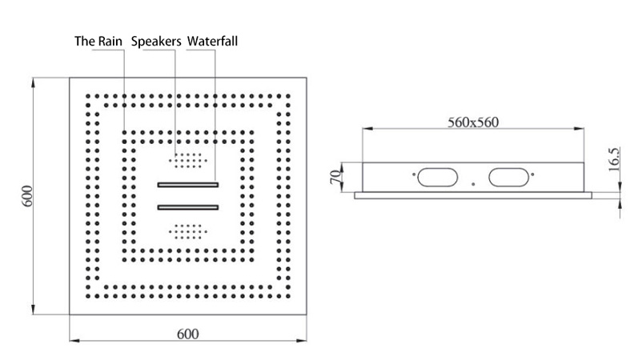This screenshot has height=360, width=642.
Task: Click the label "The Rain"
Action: pos(98,42)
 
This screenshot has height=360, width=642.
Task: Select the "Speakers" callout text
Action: pos(156,42)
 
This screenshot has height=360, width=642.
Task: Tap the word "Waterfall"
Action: pos(212,42)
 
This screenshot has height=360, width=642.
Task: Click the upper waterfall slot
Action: pos(188,185)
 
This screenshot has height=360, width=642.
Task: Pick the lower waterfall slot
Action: pos(188,207)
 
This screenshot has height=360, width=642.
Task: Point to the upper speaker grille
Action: pos(188,161)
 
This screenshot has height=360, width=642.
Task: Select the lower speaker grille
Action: pos(188,232)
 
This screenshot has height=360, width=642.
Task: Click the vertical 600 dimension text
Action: pos(27,196)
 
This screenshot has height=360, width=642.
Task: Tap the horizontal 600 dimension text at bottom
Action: pos(188,334)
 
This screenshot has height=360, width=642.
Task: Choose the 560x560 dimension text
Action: pos(473,122)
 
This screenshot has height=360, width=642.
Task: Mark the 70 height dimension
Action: pos(335,177)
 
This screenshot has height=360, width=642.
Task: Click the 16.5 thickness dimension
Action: pos(614,160)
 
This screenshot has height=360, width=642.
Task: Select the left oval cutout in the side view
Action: pos(438,177)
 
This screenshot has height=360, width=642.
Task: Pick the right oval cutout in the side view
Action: pos(509,177)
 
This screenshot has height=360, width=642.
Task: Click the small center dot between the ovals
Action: pos(473,185)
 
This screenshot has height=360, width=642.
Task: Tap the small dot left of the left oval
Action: pos(414,174)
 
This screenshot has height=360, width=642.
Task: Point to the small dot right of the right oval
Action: pos(532,174)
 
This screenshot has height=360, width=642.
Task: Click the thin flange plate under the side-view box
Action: pos(473,195)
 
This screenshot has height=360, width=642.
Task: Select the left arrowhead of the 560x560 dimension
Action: pos(367,129)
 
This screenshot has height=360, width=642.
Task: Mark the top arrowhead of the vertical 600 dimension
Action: pos(34,82)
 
